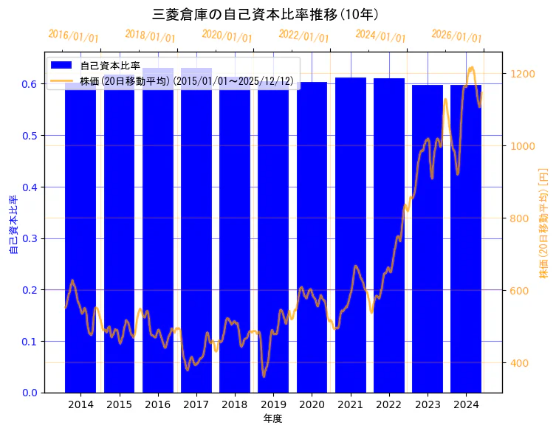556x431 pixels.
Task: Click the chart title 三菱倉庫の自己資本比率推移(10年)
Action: coord(265,14)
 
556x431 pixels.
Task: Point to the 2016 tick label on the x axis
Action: coord(158,404)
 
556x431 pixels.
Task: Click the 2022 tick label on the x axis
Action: coord(388,404)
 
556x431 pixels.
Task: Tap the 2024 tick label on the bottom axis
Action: coord(466,404)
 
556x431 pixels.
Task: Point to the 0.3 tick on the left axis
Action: coord(30,238)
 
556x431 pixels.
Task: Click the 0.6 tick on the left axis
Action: coord(30,84)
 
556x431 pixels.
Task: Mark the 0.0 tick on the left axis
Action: coord(30,393)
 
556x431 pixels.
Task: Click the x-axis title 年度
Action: coord(272,418)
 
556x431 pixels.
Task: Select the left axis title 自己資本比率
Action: coord(13,224)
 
